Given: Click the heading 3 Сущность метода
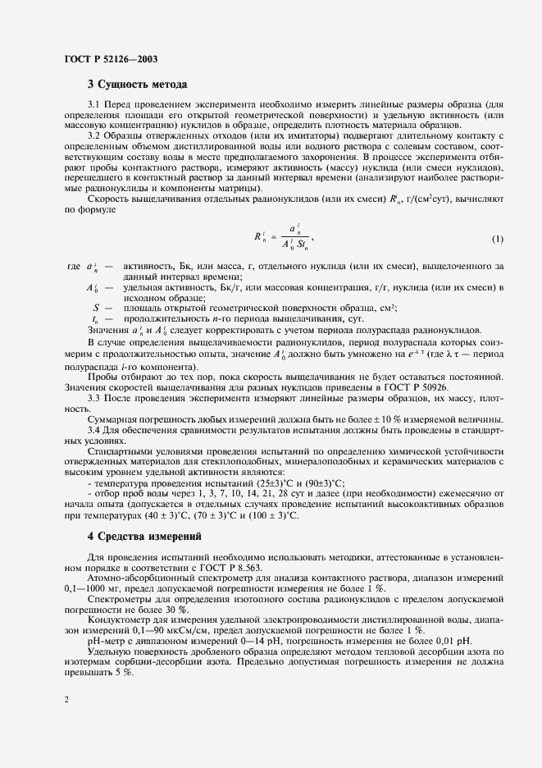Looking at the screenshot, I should (x=138, y=85).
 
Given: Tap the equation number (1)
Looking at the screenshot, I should (x=498, y=240).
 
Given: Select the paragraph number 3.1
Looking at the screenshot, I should (x=95, y=106).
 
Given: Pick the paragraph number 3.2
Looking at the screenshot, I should (x=95, y=135).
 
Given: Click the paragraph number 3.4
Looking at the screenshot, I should (x=95, y=428).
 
